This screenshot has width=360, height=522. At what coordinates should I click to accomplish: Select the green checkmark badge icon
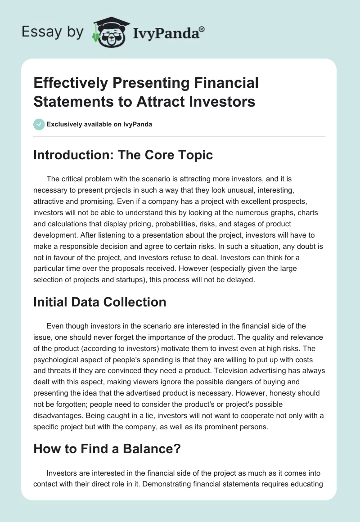(39, 124)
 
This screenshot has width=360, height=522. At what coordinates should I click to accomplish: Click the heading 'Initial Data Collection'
(99, 302)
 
